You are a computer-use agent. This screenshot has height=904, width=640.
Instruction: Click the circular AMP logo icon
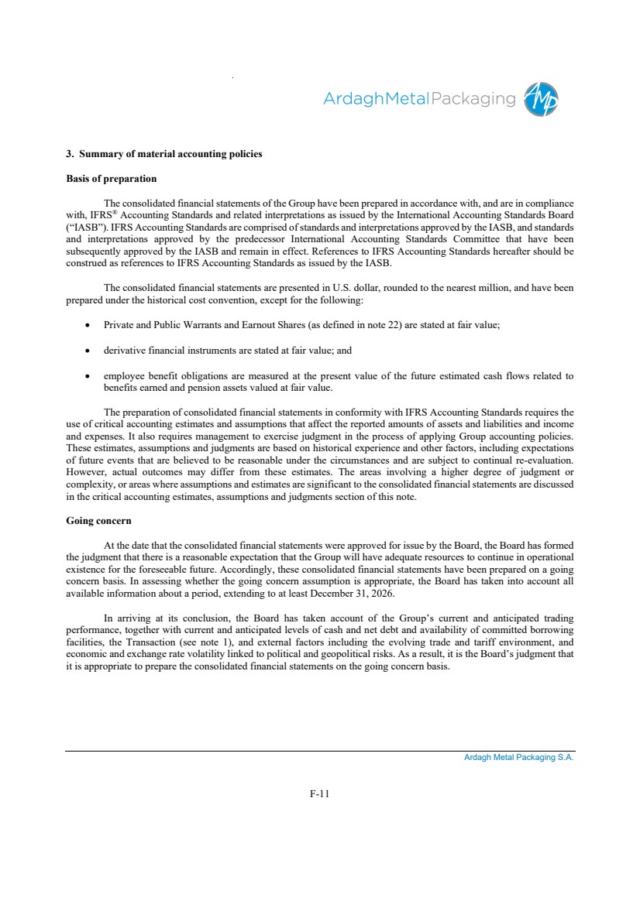[541, 99]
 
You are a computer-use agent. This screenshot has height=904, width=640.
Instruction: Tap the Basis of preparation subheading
[112, 179]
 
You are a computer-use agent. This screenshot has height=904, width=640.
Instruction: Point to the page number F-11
[319, 793]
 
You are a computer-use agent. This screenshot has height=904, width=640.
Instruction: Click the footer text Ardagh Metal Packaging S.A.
[518, 758]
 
